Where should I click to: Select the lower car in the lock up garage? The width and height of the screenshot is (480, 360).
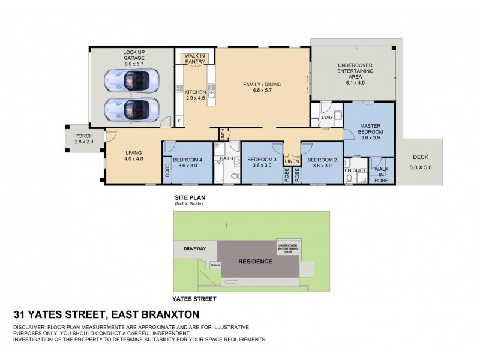click(132, 109)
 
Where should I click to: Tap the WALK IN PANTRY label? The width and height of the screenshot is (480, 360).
click(194, 58)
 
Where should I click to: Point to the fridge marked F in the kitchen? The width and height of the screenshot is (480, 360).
click(179, 122)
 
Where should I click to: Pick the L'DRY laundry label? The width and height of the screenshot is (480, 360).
click(327, 118)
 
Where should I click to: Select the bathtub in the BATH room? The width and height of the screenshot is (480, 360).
click(219, 174)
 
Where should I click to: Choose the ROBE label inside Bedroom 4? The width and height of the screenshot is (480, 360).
click(167, 170)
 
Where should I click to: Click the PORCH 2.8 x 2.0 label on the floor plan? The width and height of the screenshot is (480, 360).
click(84, 139)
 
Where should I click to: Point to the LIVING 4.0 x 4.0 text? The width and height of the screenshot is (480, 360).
click(133, 155)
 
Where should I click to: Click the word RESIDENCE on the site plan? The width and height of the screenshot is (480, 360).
click(255, 262)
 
